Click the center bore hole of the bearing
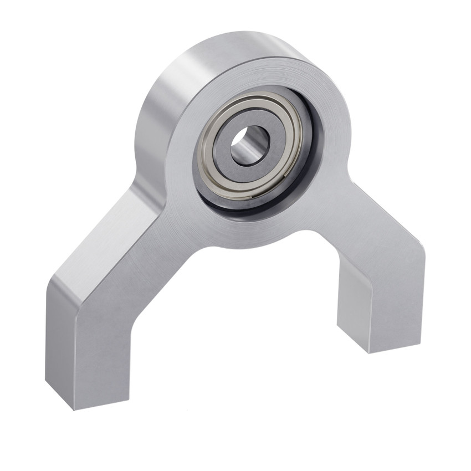click(x=250, y=145)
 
